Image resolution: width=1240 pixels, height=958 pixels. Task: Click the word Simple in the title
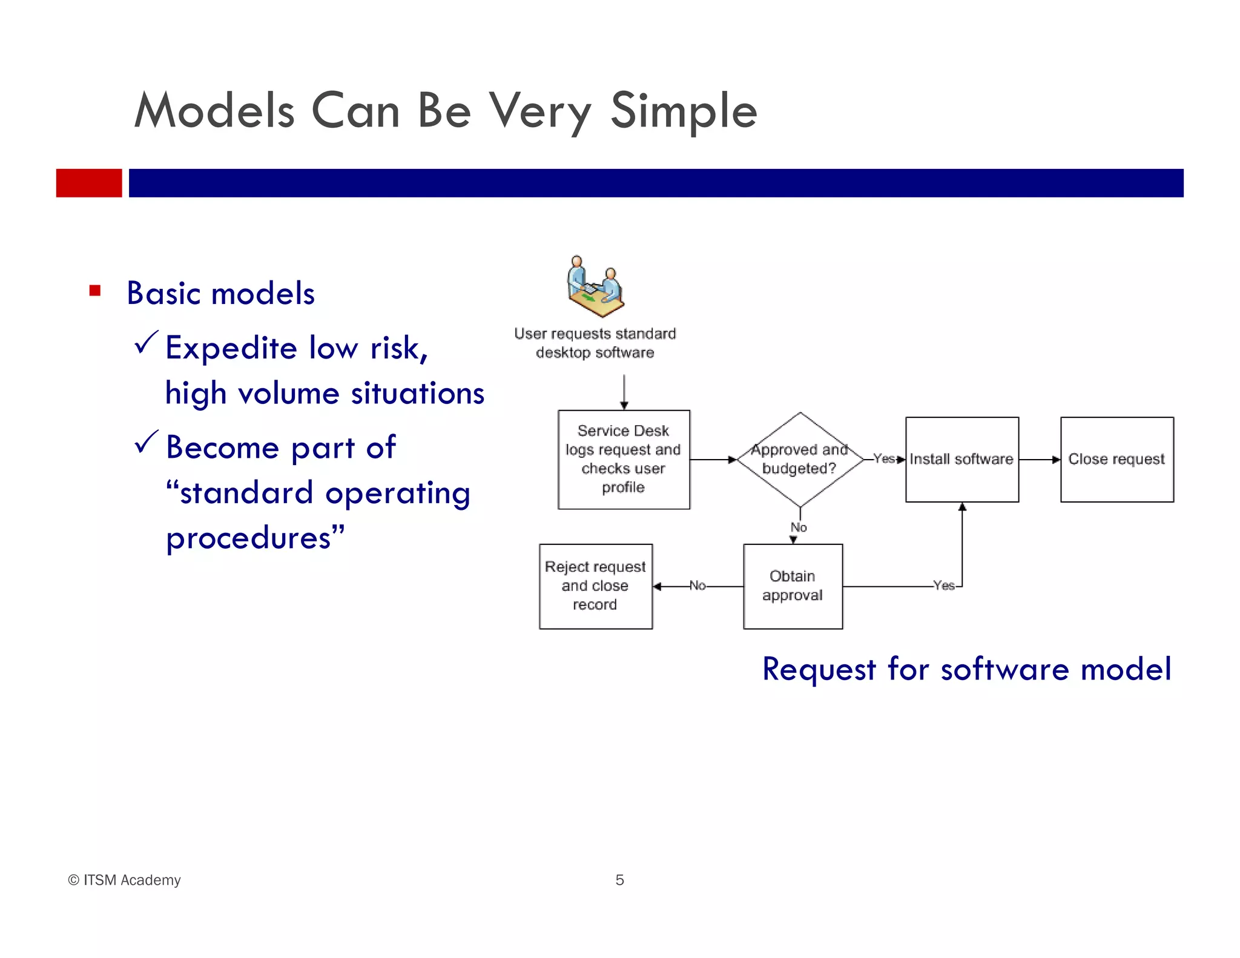tap(683, 111)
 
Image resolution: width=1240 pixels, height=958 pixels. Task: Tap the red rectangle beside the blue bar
tap(89, 183)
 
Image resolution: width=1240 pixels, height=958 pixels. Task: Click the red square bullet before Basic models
tap(95, 291)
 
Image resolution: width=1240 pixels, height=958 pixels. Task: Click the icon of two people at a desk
tap(595, 286)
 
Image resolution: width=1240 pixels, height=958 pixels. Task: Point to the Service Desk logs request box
tap(624, 459)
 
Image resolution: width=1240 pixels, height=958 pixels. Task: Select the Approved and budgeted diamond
tap(800, 459)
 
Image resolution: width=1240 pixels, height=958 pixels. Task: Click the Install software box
tap(961, 459)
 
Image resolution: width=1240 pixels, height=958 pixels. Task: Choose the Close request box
tap(1116, 459)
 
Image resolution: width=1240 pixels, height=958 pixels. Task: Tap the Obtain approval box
tap(793, 586)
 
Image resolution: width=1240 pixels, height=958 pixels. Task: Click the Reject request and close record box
tap(595, 586)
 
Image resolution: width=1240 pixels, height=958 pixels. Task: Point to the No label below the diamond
tap(799, 527)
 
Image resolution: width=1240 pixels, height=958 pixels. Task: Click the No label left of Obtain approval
tap(697, 586)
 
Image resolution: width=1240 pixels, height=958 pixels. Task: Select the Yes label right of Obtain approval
tap(943, 586)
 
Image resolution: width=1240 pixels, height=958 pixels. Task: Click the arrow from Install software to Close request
tap(1040, 460)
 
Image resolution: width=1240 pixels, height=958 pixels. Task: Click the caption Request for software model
tap(966, 669)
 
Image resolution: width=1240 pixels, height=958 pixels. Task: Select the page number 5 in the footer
tap(619, 880)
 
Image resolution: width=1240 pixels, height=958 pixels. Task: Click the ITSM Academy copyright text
tap(125, 880)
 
